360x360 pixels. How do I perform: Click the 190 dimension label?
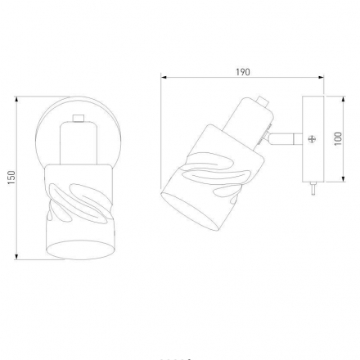click(243, 72)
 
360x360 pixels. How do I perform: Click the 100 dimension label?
click(338, 139)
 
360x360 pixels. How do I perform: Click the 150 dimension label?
click(11, 178)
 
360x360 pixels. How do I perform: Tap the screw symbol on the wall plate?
click(312, 139)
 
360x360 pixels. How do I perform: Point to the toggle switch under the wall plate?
click(313, 188)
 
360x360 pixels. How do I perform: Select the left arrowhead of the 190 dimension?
click(164, 77)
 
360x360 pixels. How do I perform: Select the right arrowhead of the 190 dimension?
click(321, 77)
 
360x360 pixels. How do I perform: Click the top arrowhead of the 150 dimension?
click(16, 99)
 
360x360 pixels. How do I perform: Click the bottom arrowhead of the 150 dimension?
click(16, 256)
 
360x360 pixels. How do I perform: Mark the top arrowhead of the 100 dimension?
click(343, 99)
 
